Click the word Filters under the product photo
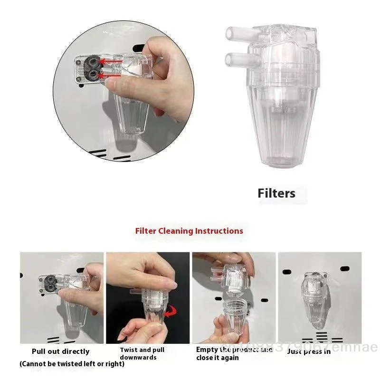276,193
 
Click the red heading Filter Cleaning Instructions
189,231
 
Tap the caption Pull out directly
60,351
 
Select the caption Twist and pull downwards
142,353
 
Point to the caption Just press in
309,351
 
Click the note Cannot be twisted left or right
72,364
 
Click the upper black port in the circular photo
93,62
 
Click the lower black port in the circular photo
93,75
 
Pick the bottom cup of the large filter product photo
281,142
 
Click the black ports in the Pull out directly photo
48,285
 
